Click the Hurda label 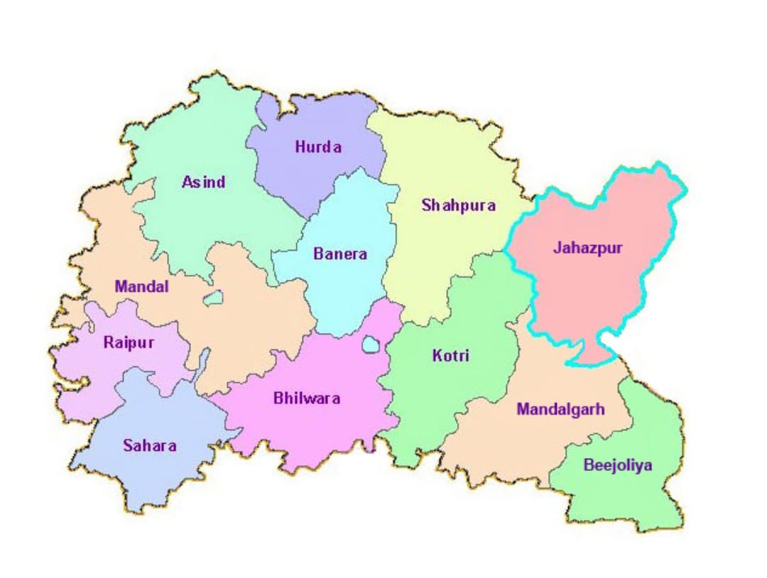tap(317, 148)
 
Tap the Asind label tap(203, 182)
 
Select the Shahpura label tap(458, 206)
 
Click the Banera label tap(341, 253)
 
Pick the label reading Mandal tap(142, 287)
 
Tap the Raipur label tap(129, 342)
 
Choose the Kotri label tap(451, 356)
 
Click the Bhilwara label tap(307, 398)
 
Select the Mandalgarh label tap(560, 409)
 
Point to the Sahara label tap(150, 446)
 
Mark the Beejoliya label tap(618, 466)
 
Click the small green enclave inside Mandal tap(212, 298)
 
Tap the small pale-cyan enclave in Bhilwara tap(370, 345)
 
